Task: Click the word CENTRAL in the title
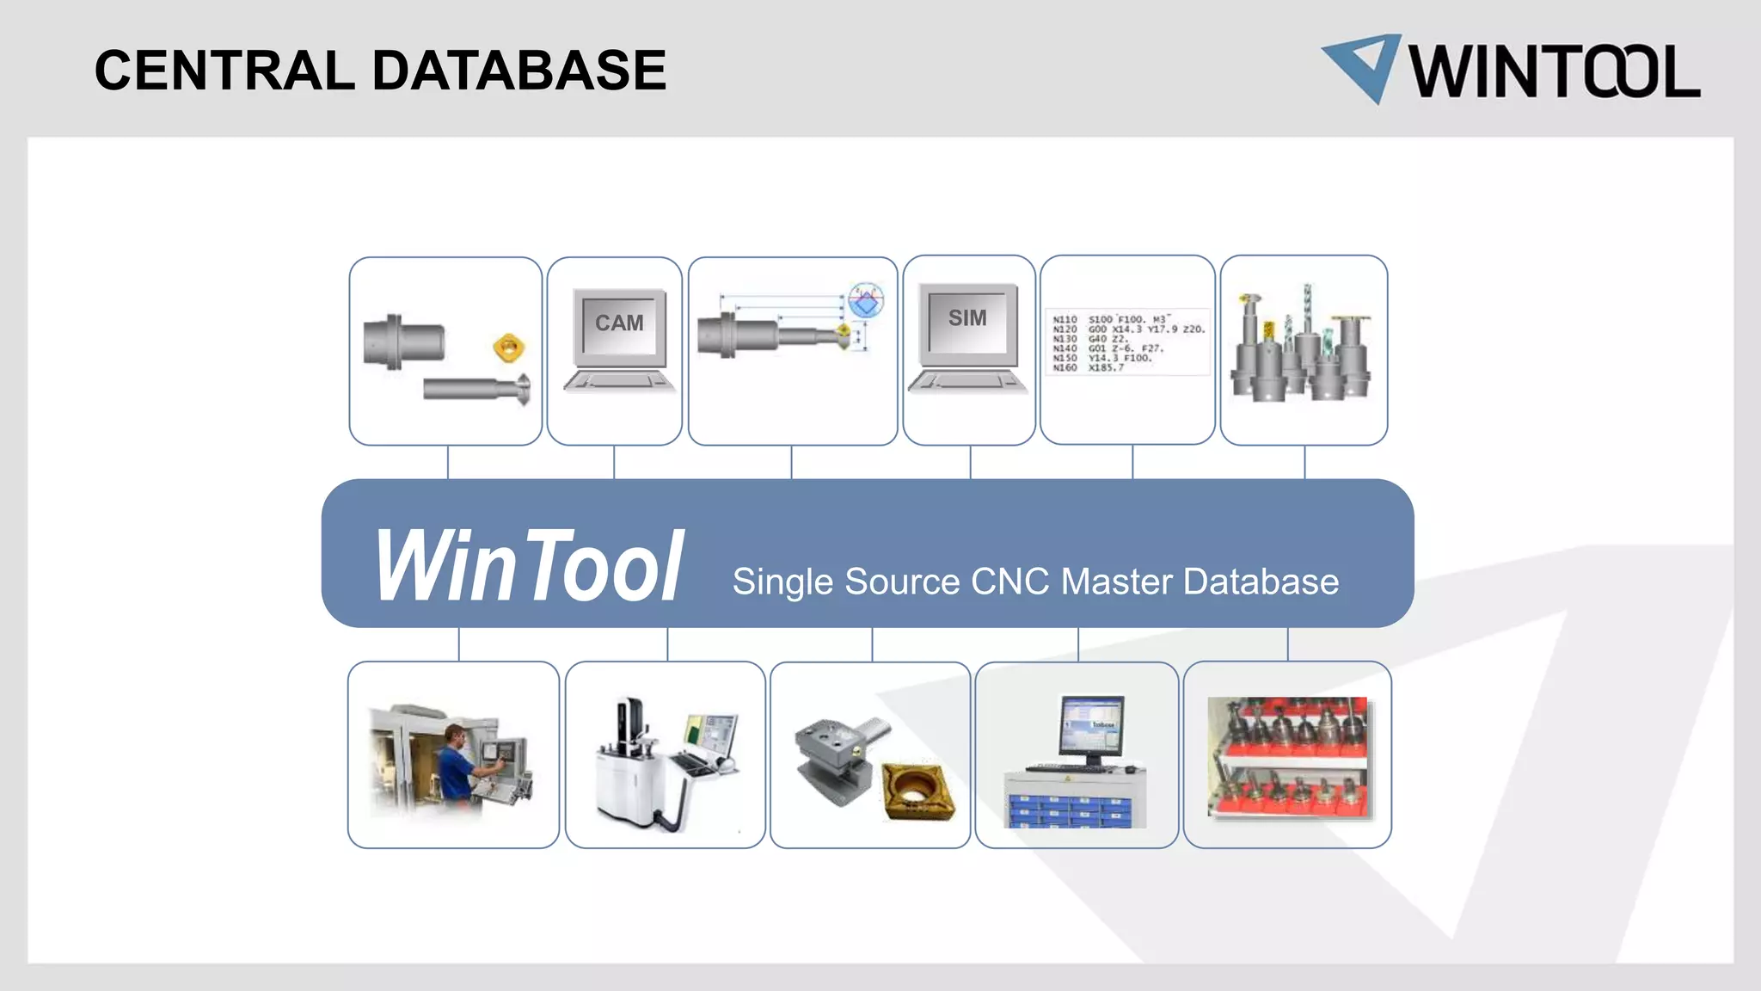224,71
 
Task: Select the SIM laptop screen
967,319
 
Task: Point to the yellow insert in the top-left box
508,348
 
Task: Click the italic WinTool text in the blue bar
528,565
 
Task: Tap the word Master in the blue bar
1117,582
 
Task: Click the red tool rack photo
1286,757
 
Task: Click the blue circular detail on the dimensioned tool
866,300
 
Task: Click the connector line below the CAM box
614,462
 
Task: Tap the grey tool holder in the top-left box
402,342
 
